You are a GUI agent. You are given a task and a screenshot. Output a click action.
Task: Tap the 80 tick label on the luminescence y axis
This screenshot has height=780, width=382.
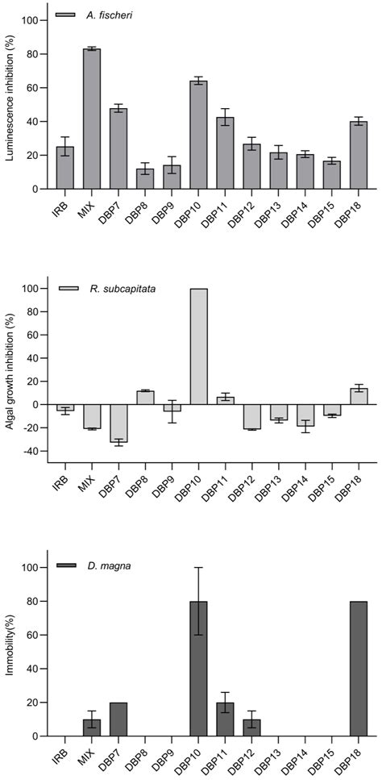(34, 54)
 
